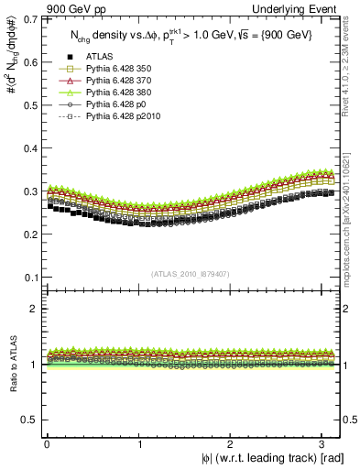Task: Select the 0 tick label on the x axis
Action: pyautogui.click(x=47, y=443)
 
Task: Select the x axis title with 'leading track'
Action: pyautogui.click(x=267, y=458)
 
